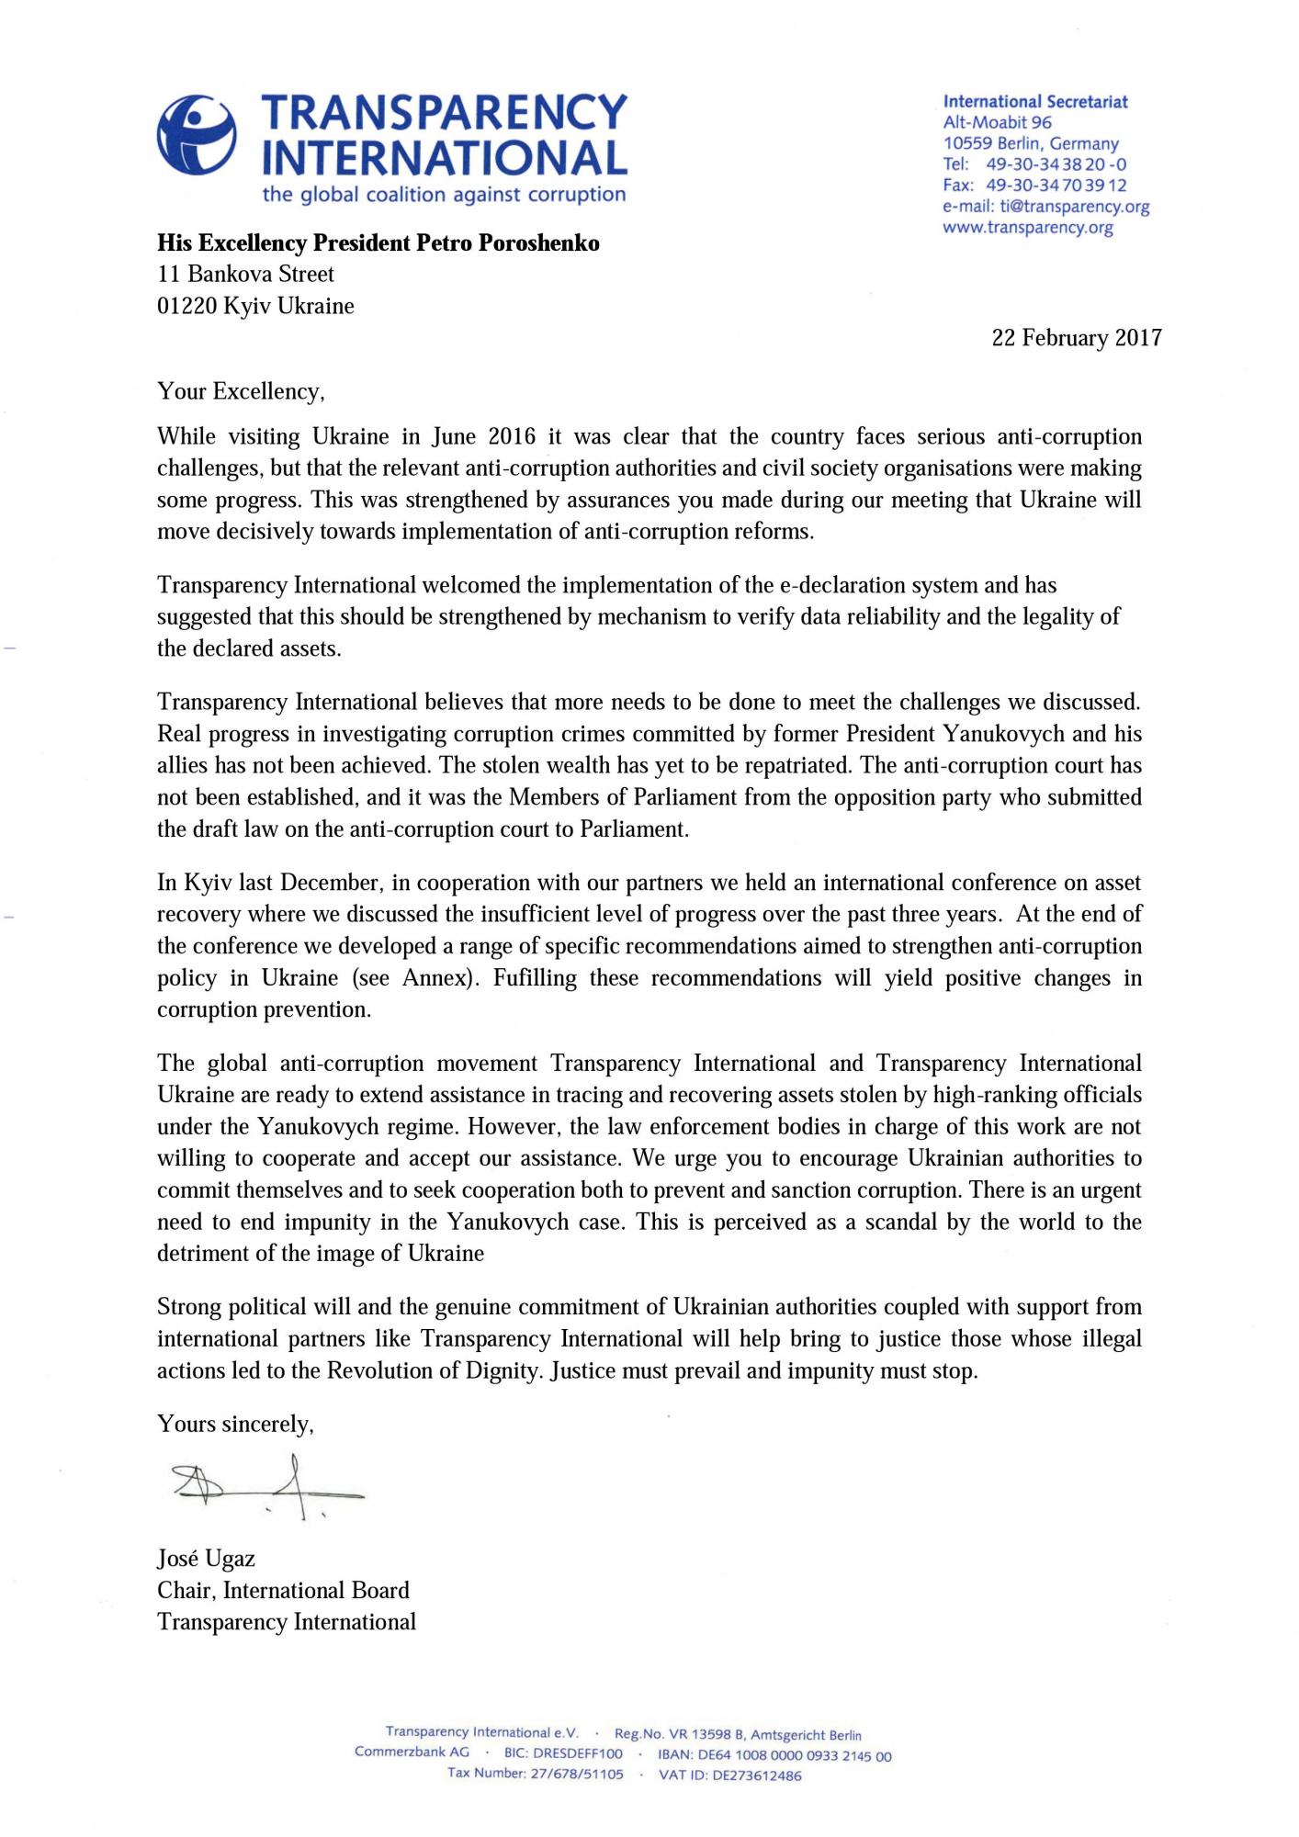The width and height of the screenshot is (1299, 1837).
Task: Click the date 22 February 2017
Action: click(1076, 338)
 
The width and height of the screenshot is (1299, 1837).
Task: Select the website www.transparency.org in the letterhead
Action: click(1028, 228)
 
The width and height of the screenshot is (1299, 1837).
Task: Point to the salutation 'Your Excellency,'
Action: click(241, 392)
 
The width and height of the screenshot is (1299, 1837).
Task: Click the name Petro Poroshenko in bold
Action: click(509, 243)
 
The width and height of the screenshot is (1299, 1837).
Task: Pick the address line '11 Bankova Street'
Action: click(245, 275)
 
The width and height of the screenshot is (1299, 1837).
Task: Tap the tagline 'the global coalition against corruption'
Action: click(444, 195)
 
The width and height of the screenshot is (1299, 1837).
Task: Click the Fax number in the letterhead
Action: click(1056, 186)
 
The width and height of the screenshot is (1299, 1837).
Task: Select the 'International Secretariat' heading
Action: click(1035, 102)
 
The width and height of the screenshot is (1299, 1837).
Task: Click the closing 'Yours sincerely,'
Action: click(235, 1425)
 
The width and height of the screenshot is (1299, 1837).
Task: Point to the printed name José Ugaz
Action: click(206, 1559)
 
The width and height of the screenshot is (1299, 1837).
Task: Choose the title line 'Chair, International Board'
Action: click(283, 1591)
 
